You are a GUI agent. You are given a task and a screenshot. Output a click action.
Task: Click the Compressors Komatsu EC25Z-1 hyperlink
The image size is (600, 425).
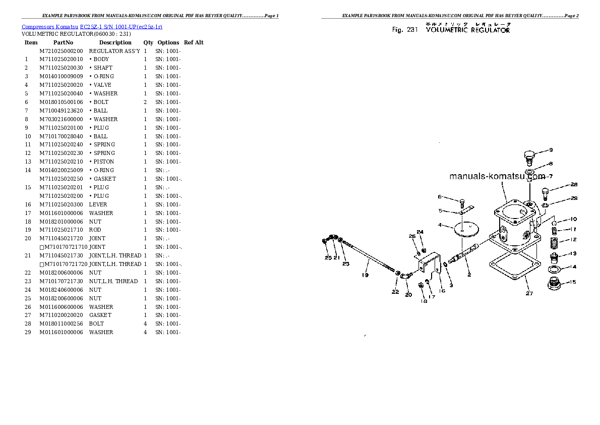pos(92,26)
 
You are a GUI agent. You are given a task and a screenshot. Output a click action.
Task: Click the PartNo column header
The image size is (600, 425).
pos(63,42)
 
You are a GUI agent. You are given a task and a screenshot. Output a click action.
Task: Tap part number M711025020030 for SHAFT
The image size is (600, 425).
pos(61,68)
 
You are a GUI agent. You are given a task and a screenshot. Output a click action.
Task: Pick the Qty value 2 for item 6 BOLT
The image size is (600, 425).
pos(145,102)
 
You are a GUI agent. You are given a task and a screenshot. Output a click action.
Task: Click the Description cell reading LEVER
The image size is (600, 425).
pos(98,204)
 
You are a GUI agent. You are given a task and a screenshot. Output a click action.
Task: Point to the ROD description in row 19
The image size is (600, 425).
pos(95,230)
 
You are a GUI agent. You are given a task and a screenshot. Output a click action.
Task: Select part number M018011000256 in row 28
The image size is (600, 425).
pos(61,324)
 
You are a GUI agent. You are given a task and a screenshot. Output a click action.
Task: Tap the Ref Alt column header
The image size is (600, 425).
pos(194,42)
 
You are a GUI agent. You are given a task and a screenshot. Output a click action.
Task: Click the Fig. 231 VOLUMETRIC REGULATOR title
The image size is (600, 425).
pos(451,30)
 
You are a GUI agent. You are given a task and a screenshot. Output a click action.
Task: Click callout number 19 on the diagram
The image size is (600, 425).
pos(365,275)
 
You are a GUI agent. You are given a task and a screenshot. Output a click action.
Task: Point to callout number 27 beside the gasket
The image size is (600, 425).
pos(529,293)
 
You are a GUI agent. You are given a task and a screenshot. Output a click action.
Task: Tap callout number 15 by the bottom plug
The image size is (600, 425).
pos(572,282)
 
